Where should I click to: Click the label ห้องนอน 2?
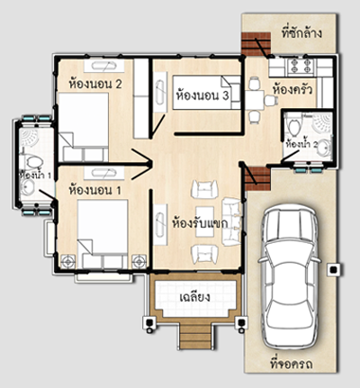click(95, 84)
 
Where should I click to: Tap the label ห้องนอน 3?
click(202, 95)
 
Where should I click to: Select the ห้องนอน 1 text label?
click(95, 190)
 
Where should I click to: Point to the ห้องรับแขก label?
click(200, 223)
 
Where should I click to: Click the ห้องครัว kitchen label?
click(292, 89)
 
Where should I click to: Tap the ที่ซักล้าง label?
click(301, 32)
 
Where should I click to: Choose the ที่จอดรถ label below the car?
click(292, 364)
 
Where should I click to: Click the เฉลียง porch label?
click(194, 297)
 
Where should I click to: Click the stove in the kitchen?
click(301, 66)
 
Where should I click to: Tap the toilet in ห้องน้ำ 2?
click(293, 126)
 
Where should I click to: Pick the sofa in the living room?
click(231, 221)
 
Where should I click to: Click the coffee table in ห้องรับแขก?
click(204, 221)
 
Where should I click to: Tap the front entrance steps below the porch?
click(194, 337)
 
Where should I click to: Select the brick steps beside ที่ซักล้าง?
click(256, 44)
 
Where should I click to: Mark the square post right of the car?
click(333, 270)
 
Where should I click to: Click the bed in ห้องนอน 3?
click(206, 93)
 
